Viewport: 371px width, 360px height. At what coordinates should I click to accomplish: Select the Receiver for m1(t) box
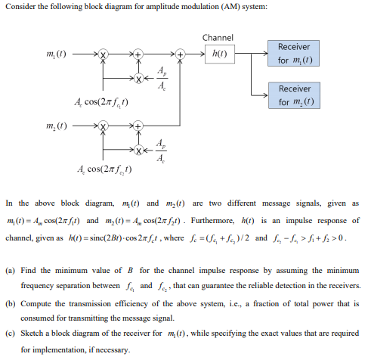(294, 53)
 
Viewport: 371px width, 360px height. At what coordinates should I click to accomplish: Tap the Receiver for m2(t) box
(294, 95)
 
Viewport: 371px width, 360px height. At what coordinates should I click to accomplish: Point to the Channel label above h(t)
(218, 38)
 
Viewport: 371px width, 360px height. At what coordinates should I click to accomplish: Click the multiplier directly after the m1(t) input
(105, 54)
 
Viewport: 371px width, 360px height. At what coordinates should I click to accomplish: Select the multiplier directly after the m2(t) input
(105, 123)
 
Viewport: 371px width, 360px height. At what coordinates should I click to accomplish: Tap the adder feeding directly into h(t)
(180, 54)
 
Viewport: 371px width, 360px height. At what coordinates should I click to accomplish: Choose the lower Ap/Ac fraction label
(161, 150)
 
